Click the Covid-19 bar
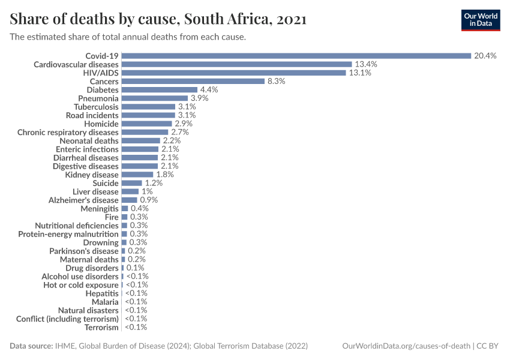point(296,56)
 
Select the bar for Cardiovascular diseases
point(236,64)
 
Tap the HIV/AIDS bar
point(233,73)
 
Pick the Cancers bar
point(193,81)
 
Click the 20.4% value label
point(485,56)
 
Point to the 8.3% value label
point(276,81)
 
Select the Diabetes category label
point(103,89)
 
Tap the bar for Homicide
point(146,124)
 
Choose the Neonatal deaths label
point(89,140)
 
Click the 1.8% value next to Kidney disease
point(165,175)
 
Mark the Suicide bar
point(131,183)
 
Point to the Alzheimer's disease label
point(83,200)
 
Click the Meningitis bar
point(125,208)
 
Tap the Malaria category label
point(105,302)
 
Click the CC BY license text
point(490,346)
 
